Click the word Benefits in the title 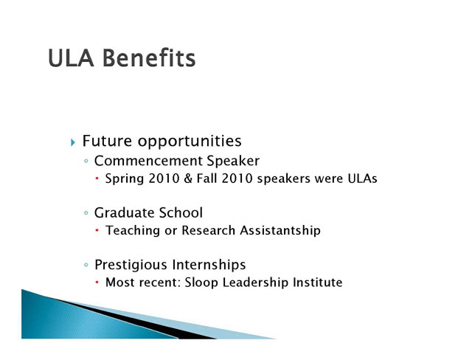click(x=149, y=58)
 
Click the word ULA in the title click(x=72, y=58)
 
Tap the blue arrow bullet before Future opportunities click(x=72, y=142)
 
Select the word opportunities click(x=190, y=142)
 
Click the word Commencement click(x=148, y=161)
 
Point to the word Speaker click(x=233, y=162)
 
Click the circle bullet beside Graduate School click(x=86, y=213)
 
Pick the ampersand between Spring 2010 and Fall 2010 click(x=188, y=179)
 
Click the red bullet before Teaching click(x=97, y=230)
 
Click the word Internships click(x=209, y=265)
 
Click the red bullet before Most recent click(x=97, y=283)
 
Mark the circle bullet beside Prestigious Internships click(x=86, y=265)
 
